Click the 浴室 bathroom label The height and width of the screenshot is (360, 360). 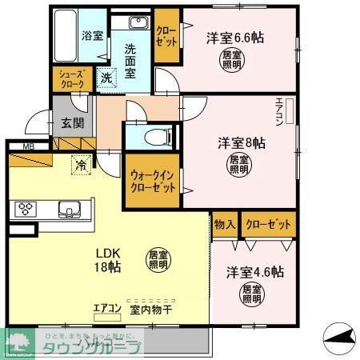(x=70, y=35)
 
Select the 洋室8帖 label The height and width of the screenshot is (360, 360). (x=242, y=142)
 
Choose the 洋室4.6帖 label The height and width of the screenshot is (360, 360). (x=254, y=272)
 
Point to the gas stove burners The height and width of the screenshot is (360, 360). (x=26, y=210)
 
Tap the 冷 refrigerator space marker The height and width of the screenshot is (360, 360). (x=81, y=165)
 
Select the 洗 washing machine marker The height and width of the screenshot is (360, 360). (x=106, y=78)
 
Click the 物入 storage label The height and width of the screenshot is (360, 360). (x=223, y=225)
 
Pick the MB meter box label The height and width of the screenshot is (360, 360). (x=28, y=146)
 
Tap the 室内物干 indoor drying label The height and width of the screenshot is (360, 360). (x=148, y=308)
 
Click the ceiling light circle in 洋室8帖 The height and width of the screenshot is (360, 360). (x=238, y=165)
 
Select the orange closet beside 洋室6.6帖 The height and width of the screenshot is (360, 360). (x=166, y=37)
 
